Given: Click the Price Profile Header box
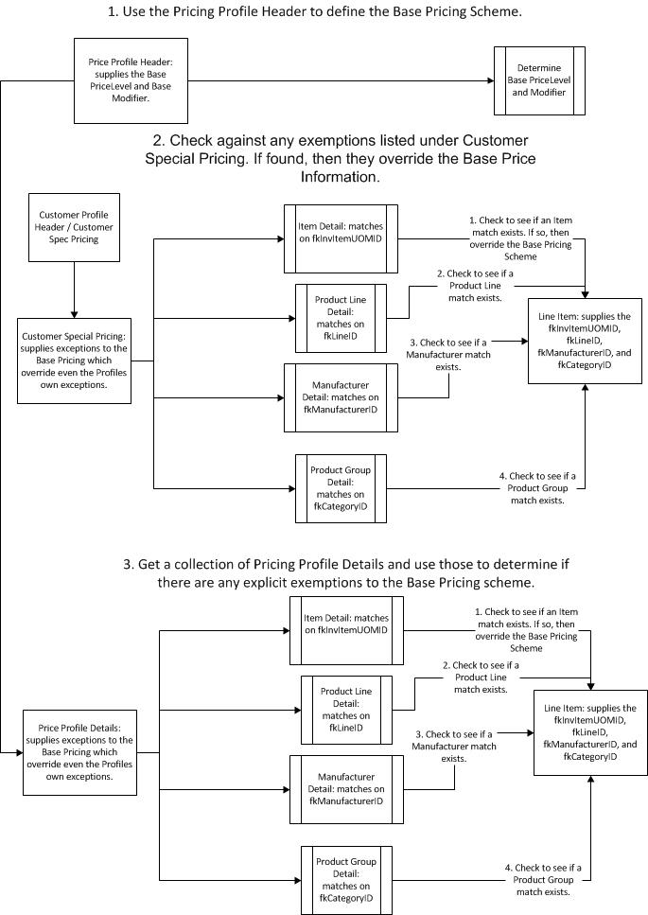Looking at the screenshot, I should click(x=131, y=79).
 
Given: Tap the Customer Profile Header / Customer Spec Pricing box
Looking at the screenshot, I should click(x=74, y=226).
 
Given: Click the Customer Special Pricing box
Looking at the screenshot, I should click(x=75, y=360).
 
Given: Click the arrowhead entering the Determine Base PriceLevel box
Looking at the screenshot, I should click(x=488, y=80).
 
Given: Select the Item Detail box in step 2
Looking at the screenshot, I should click(x=340, y=239).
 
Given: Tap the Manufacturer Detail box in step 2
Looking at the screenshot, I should click(x=340, y=397).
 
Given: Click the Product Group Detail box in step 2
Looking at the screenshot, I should click(x=340, y=488).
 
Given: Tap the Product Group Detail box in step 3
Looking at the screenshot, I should click(x=345, y=879).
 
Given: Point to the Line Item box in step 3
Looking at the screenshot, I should click(x=590, y=732).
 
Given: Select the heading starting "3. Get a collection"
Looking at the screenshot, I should click(x=346, y=572).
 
